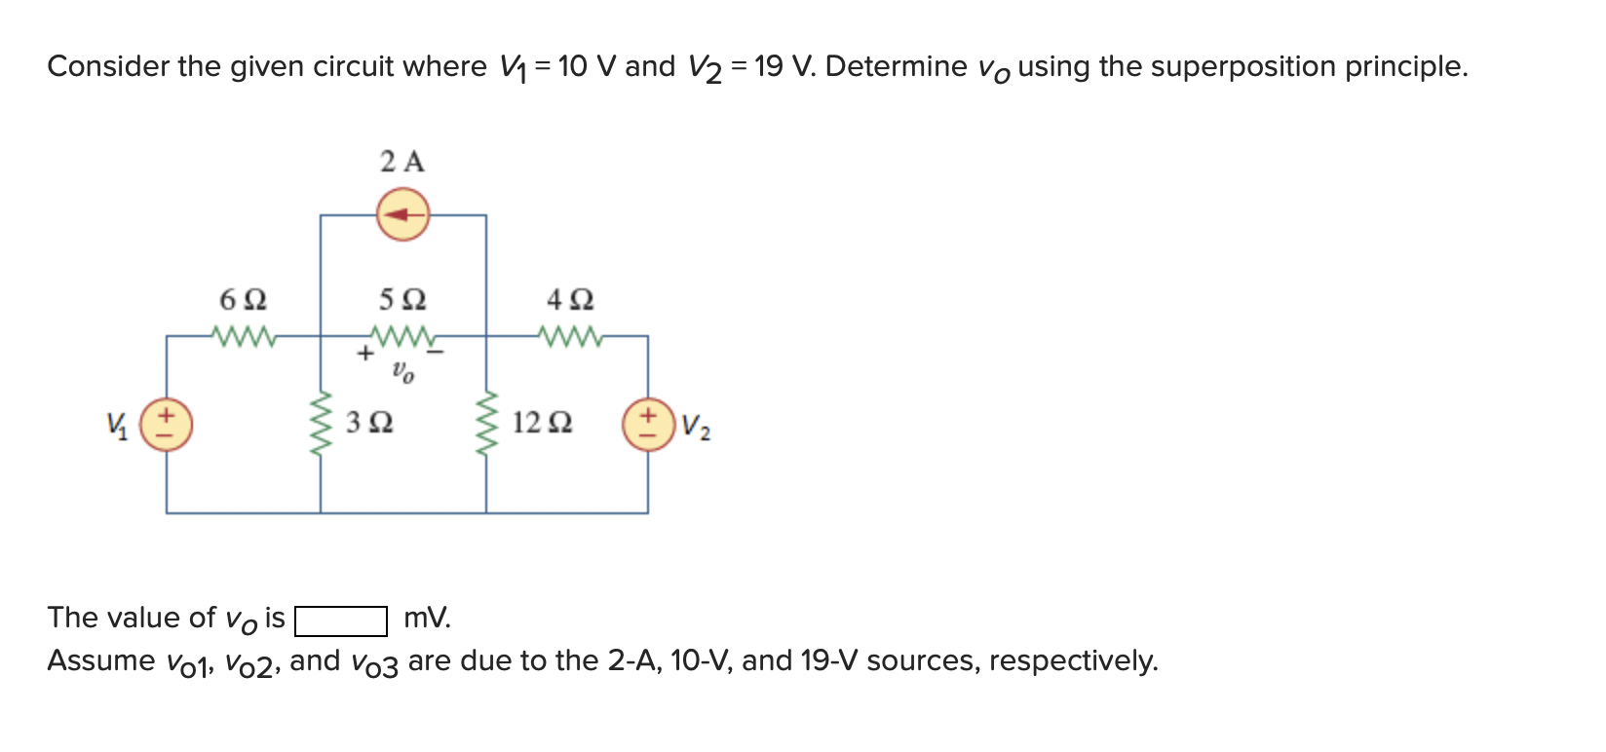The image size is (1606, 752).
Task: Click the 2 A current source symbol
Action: pyautogui.click(x=402, y=214)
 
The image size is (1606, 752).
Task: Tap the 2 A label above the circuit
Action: pyautogui.click(x=402, y=162)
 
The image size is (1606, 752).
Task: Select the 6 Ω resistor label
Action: pyautogui.click(x=244, y=298)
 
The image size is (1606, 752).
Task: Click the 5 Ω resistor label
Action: pyautogui.click(x=402, y=298)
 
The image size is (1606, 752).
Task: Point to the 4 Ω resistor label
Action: pyautogui.click(x=570, y=298)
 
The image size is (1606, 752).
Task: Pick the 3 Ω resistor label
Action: pyautogui.click(x=369, y=423)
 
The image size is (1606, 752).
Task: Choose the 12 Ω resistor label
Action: pyautogui.click(x=542, y=423)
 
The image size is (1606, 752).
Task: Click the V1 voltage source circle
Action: pyautogui.click(x=166, y=425)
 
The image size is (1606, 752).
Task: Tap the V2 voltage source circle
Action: pyautogui.click(x=648, y=425)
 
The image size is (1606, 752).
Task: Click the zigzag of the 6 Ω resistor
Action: pyautogui.click(x=246, y=337)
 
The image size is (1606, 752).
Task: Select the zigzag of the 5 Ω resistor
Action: pyautogui.click(x=401, y=337)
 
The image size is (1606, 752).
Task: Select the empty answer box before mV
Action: pyautogui.click(x=341, y=620)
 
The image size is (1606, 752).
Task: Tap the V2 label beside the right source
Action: pyautogui.click(x=696, y=427)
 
